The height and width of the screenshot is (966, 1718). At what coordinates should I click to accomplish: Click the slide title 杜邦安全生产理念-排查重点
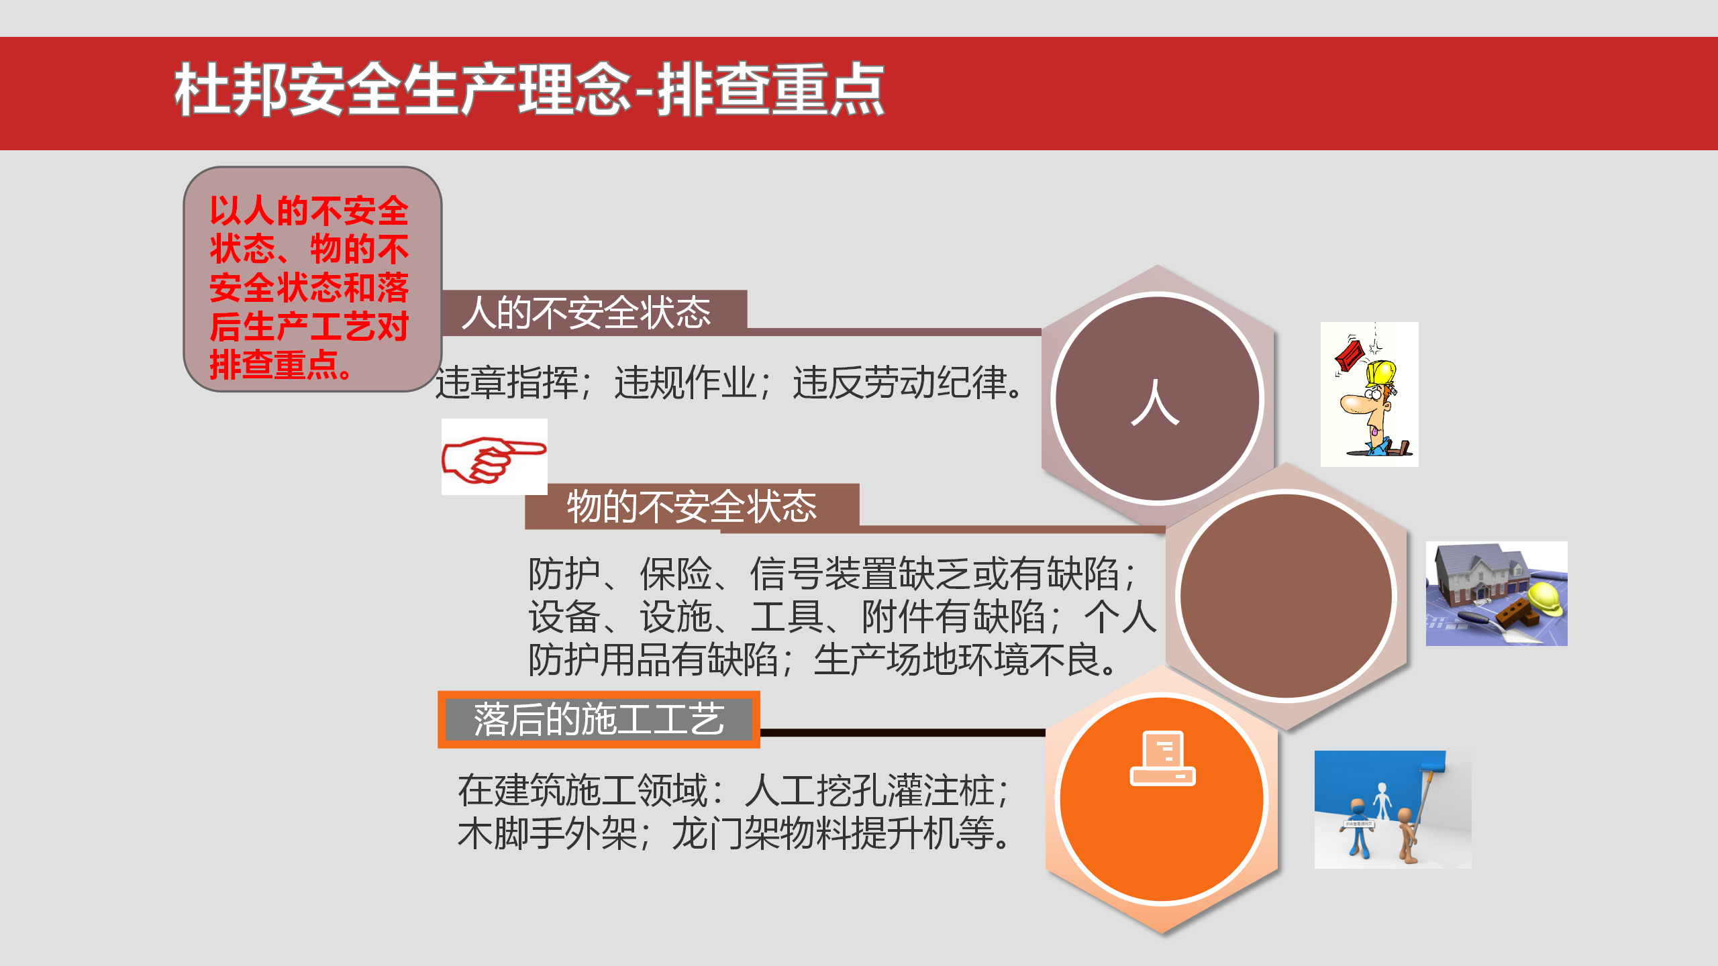pos(529,90)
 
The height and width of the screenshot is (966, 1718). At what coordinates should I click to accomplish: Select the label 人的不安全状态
pos(587,313)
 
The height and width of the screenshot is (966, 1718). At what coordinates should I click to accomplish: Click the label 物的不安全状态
pos(692,506)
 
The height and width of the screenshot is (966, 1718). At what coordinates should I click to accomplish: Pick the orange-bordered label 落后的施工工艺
pos(599,720)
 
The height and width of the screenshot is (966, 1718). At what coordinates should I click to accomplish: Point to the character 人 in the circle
pos(1155,402)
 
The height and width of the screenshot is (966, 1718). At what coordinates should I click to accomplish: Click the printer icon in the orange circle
pos(1163,758)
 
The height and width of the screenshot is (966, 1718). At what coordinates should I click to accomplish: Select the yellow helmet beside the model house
pos(1545,598)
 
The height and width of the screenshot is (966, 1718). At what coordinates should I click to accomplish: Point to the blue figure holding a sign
pos(1358,828)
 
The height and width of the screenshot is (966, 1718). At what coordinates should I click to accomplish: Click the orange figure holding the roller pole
pos(1407,835)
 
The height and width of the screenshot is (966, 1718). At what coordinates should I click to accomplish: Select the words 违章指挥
pos(507,383)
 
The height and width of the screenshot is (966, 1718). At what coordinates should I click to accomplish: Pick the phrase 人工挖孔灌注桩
pos(870,790)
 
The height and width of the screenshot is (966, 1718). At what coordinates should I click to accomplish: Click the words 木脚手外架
pos(548,834)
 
